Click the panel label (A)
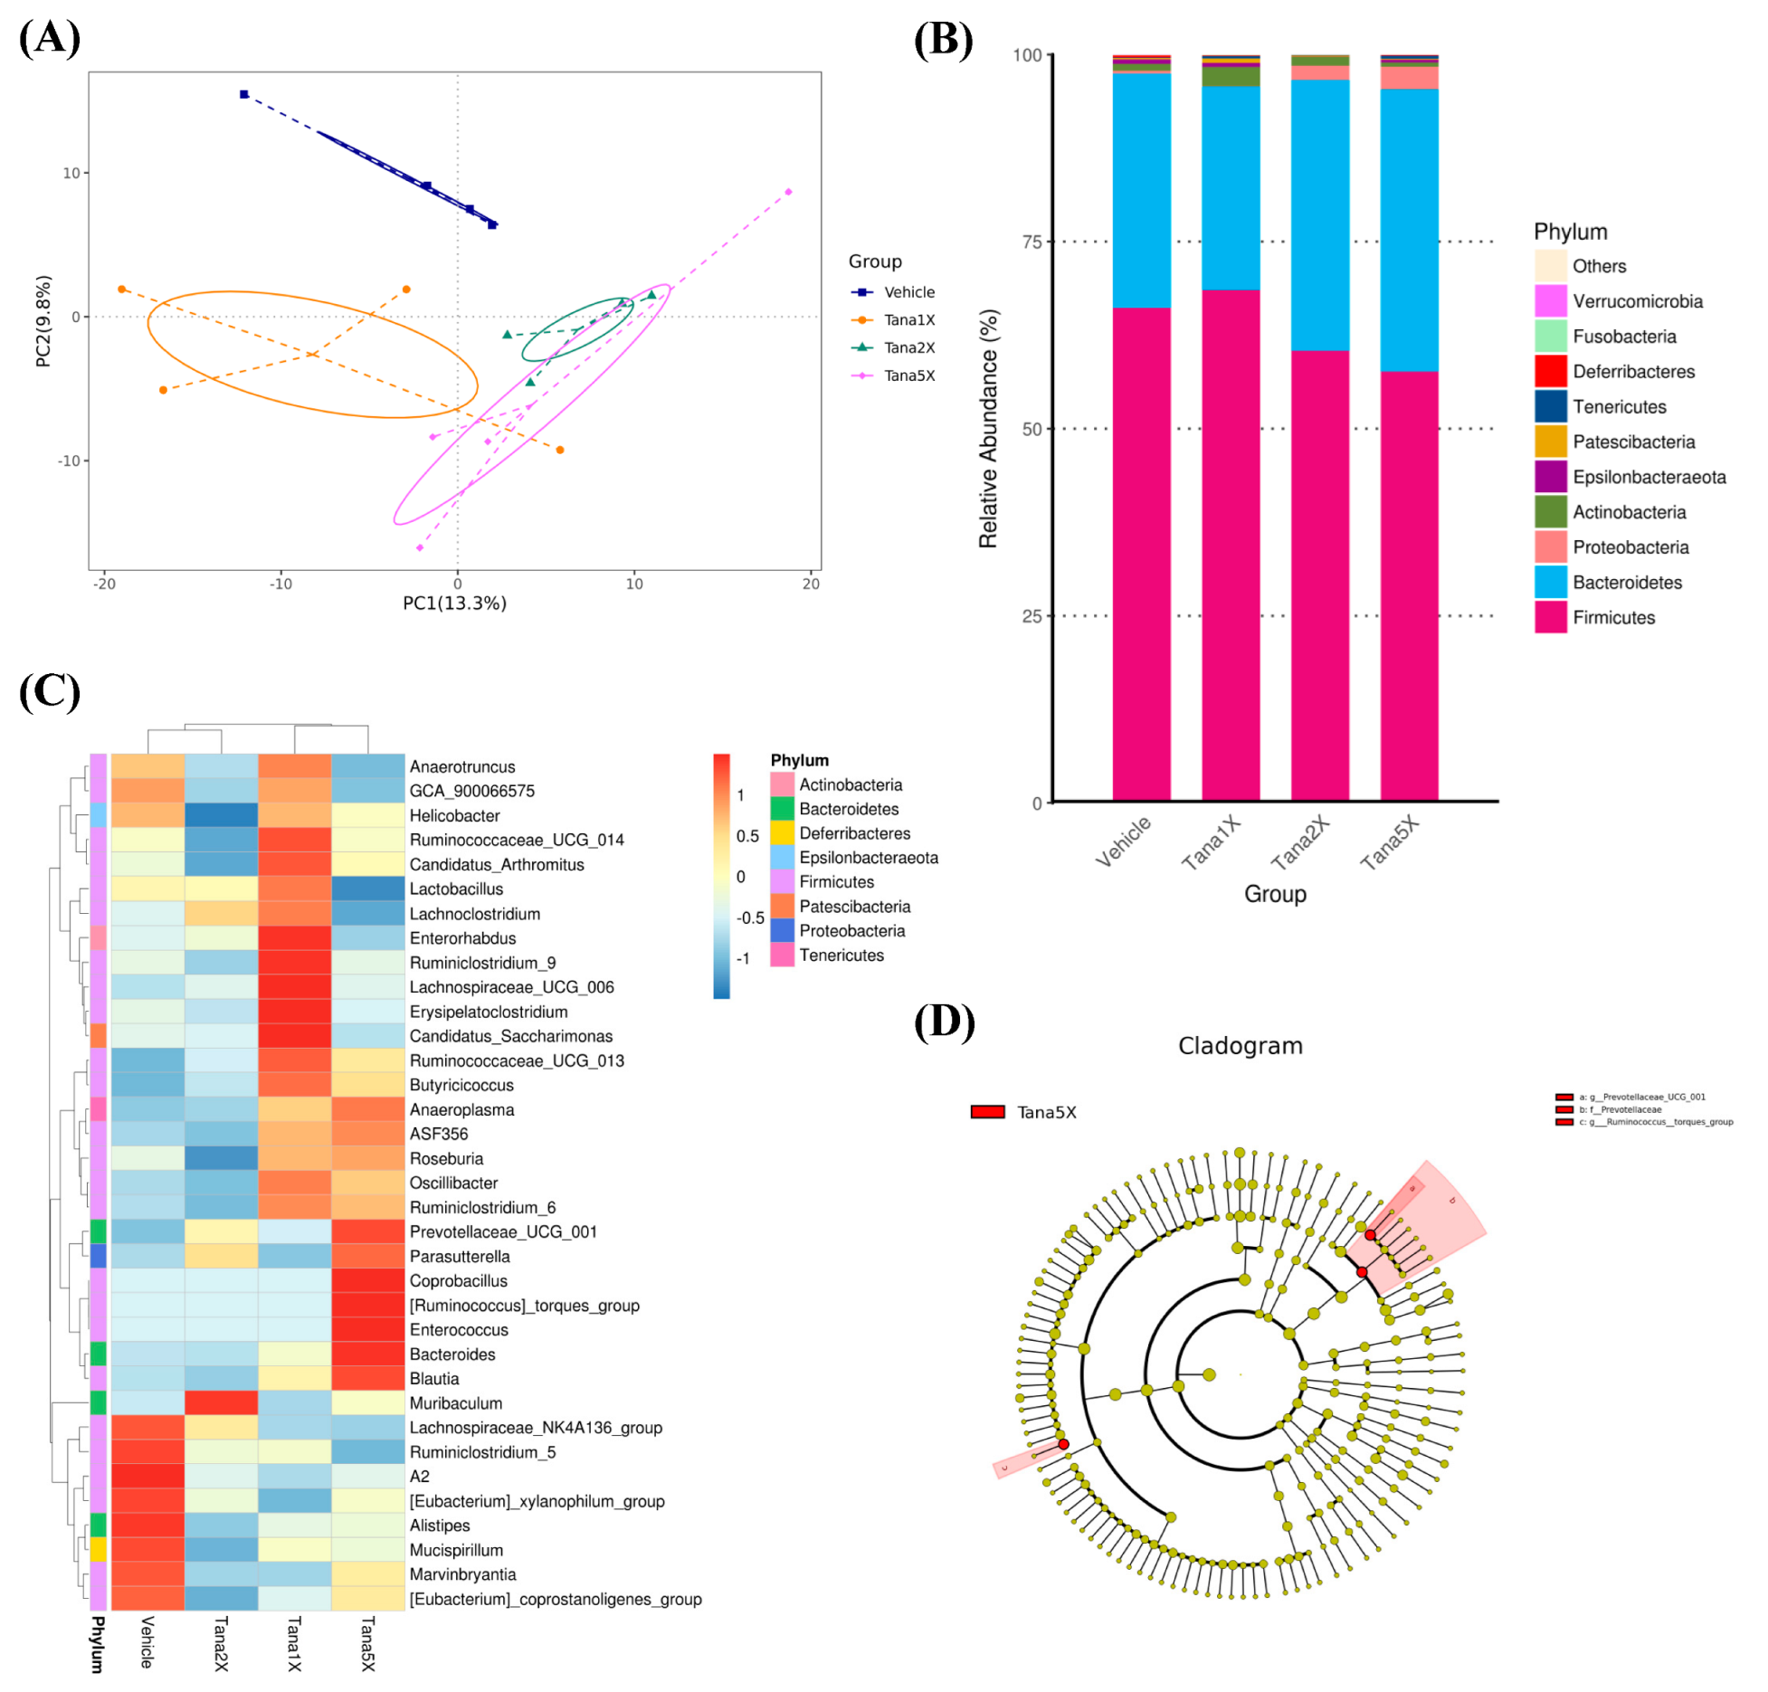(x=50, y=39)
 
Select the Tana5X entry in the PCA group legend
(x=908, y=375)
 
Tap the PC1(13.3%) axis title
(x=454, y=604)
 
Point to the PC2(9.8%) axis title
(x=43, y=321)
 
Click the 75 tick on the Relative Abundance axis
(x=1031, y=242)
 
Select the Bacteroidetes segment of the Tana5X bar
(x=1409, y=230)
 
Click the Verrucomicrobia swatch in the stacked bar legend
(x=1550, y=301)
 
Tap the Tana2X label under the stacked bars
(x=1299, y=843)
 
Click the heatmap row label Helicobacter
(x=454, y=816)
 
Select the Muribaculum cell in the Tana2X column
(x=221, y=1403)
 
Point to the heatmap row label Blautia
(x=434, y=1379)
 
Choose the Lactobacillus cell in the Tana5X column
(x=367, y=889)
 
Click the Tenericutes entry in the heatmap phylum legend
(x=841, y=955)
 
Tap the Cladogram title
(x=1240, y=1046)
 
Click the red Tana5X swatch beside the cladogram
(x=987, y=1112)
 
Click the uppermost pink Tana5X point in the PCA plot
(x=788, y=192)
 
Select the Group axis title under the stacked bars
(x=1275, y=895)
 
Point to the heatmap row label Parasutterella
(x=460, y=1257)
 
